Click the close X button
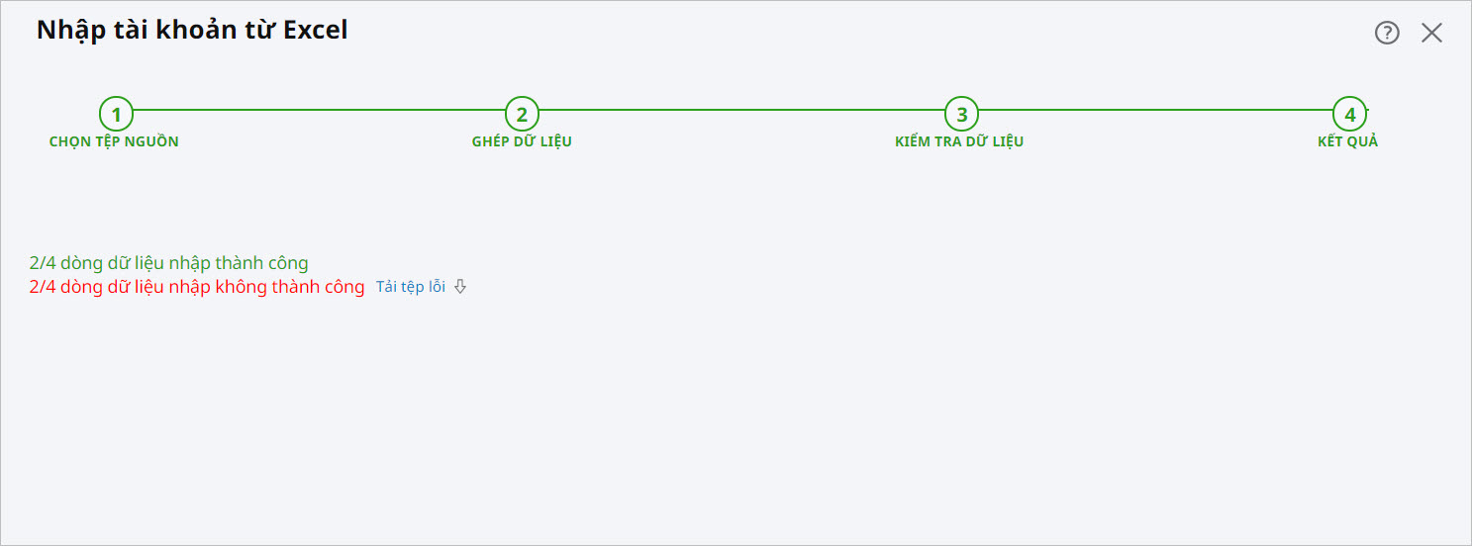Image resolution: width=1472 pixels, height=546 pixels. click(1431, 33)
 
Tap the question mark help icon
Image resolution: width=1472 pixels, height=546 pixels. click(1387, 33)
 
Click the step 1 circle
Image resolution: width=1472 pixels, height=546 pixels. click(116, 114)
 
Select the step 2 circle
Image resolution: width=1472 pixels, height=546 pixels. click(522, 114)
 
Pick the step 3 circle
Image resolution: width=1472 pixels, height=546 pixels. click(961, 114)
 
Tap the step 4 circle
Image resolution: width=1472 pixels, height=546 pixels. click(1349, 114)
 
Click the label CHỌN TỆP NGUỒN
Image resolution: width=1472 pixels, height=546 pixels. click(114, 141)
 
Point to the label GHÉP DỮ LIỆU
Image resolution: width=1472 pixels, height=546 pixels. click(522, 141)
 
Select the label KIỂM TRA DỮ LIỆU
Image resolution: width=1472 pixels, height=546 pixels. click(959, 141)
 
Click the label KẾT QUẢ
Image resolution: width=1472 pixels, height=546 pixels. click(1347, 141)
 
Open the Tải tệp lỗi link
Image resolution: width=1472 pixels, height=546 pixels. click(411, 287)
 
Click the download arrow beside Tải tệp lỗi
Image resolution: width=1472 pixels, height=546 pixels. click(459, 287)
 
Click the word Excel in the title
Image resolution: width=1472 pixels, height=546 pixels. click(316, 30)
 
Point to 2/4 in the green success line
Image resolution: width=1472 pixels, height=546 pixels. click(43, 263)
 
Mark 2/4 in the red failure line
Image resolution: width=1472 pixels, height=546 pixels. click(43, 288)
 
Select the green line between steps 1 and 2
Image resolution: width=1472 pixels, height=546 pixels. click(317, 110)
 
